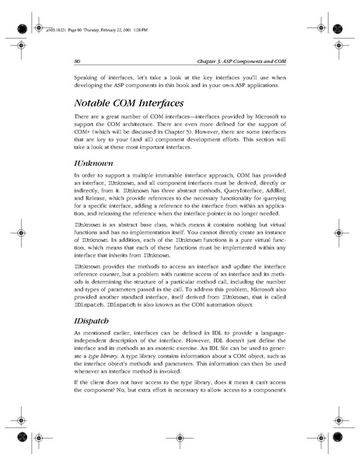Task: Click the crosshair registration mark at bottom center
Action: (180, 443)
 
